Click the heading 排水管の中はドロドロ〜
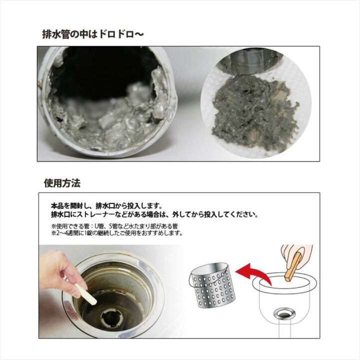click(x=93, y=35)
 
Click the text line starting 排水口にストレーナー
click(x=154, y=215)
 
